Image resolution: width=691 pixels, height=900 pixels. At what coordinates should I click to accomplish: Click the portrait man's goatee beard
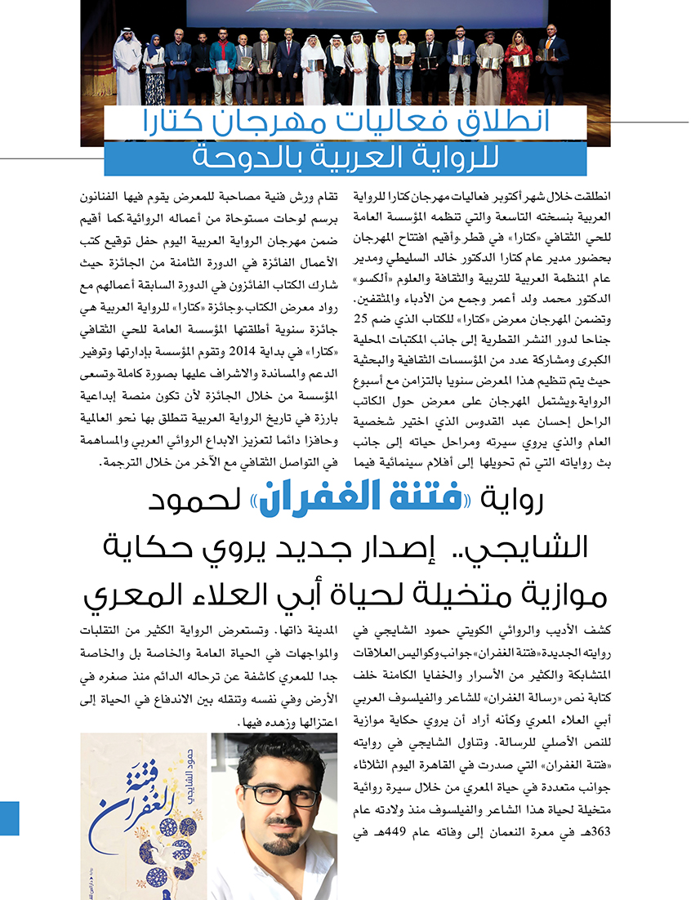pyautogui.click(x=274, y=841)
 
